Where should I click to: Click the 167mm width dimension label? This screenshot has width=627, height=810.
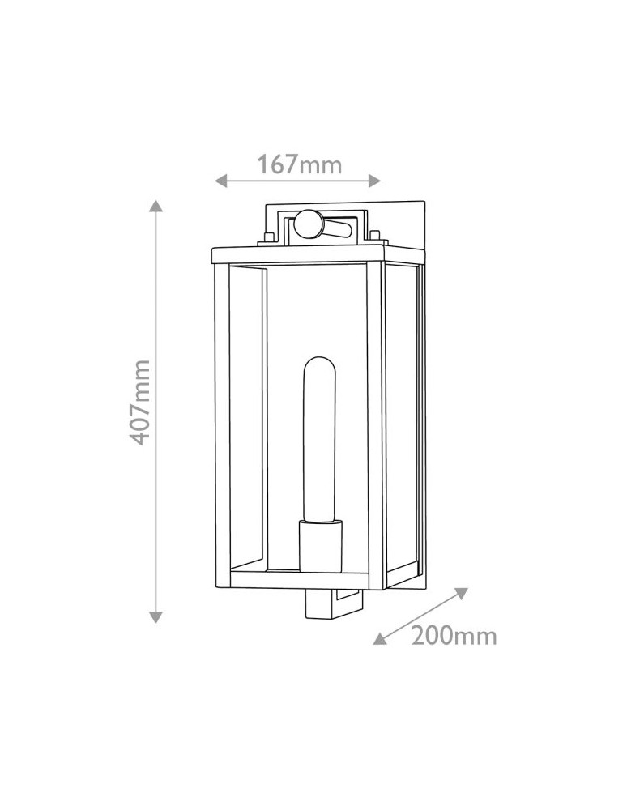point(300,164)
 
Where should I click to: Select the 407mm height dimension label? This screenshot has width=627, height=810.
point(139,403)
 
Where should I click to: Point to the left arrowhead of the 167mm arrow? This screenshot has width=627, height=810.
point(221,181)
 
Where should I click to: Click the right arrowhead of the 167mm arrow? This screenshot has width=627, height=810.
point(374,181)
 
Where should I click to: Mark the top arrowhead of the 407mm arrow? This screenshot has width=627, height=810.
point(156,206)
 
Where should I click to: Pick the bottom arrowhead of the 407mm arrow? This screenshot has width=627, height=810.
point(156,616)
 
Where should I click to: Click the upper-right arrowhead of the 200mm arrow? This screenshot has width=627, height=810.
point(461,593)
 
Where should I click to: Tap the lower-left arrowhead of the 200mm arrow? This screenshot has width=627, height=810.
point(380,638)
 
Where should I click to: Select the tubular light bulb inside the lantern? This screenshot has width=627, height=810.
point(319,438)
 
